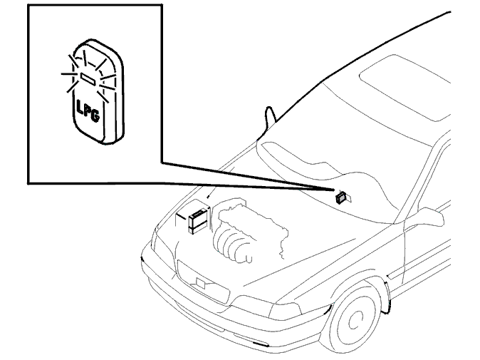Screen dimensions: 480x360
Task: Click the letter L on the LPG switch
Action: (80, 107)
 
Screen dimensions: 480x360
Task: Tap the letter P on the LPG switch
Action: (88, 111)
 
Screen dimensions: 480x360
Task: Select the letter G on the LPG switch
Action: (95, 115)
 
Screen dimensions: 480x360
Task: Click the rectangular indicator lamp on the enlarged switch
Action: (88, 78)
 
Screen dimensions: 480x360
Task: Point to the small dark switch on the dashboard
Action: (341, 197)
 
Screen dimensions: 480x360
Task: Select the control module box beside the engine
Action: (199, 220)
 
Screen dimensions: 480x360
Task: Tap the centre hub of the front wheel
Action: (356, 319)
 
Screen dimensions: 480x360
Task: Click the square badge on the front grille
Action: (200, 283)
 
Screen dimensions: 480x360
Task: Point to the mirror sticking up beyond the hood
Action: (269, 118)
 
